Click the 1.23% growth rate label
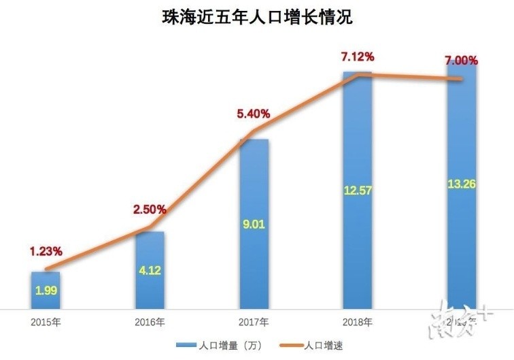click(x=46, y=251)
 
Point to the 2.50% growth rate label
click(x=149, y=210)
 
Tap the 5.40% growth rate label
click(x=253, y=113)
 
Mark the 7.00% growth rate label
click(x=462, y=61)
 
